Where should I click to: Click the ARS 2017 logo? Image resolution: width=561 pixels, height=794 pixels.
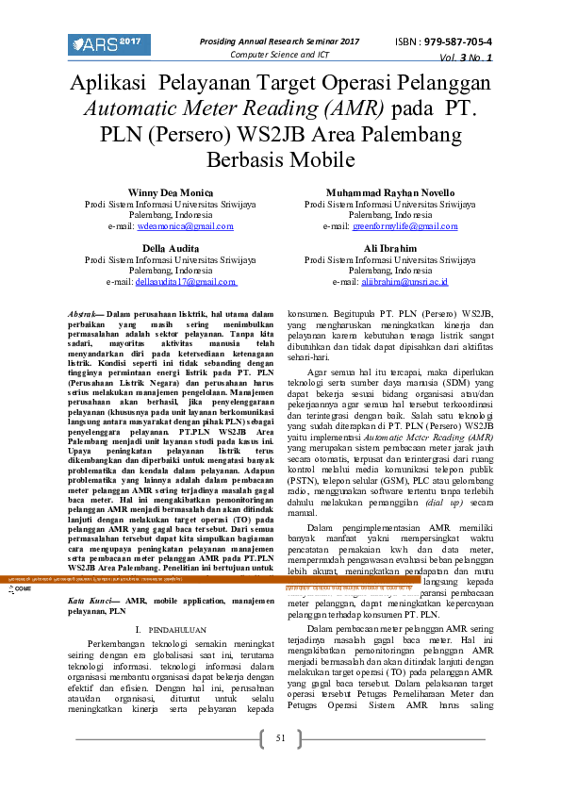109,44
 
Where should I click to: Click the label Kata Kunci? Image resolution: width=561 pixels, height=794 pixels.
92,600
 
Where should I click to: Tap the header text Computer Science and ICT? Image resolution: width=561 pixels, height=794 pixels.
280,55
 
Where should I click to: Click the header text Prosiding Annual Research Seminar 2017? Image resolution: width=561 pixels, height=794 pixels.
280,41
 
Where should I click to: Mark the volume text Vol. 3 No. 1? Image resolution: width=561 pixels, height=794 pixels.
465,58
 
